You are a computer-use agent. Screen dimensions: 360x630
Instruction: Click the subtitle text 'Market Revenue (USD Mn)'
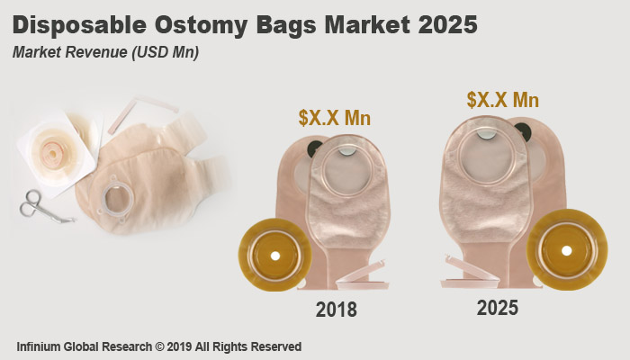point(105,52)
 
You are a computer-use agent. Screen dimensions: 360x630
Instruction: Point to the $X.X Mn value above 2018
point(335,118)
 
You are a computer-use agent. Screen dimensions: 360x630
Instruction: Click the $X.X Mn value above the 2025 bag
point(502,100)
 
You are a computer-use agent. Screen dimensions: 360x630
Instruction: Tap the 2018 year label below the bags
point(336,310)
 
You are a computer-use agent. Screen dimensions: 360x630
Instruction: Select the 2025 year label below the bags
point(497,308)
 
